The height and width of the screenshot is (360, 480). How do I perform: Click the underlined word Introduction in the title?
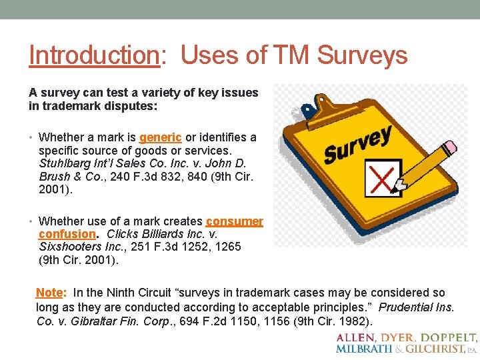pyautogui.click(x=94, y=55)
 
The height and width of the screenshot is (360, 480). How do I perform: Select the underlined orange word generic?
pyautogui.click(x=160, y=137)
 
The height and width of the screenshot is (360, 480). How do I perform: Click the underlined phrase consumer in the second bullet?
pyautogui.click(x=235, y=221)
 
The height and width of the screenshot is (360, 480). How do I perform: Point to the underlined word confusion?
pyautogui.click(x=67, y=234)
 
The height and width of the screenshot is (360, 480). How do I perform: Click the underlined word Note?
pyautogui.click(x=49, y=293)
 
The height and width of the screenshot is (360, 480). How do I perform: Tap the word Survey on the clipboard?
pyautogui.click(x=357, y=145)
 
